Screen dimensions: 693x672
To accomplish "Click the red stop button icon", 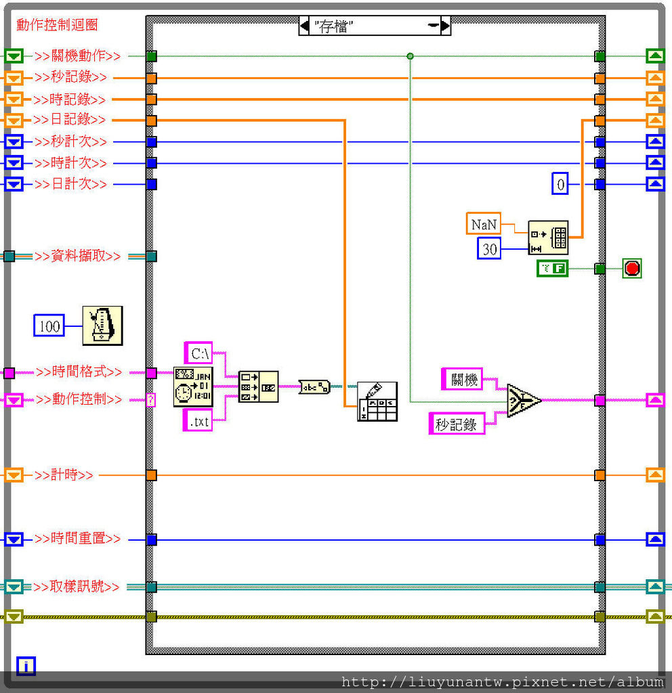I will [x=632, y=269].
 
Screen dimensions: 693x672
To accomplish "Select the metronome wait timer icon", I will [x=102, y=326].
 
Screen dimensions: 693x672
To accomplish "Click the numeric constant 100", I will [x=49, y=326].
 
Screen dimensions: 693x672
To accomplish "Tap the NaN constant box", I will [x=484, y=224].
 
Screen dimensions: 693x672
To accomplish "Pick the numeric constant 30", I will [x=489, y=249].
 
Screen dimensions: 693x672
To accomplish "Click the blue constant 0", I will [x=560, y=184].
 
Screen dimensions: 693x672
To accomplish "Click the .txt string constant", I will [x=198, y=422].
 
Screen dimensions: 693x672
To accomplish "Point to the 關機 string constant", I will [x=463, y=380].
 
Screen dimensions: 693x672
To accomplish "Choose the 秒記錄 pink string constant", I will [x=457, y=424].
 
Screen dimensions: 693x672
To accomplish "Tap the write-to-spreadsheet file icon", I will [x=377, y=402].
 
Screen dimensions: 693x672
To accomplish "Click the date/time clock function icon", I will [x=192, y=386].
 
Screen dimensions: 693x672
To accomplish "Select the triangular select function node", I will [x=524, y=401].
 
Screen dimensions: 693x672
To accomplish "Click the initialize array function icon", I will [x=547, y=237].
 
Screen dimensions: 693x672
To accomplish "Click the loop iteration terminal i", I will [x=26, y=666].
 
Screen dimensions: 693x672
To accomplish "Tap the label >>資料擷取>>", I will [x=78, y=256].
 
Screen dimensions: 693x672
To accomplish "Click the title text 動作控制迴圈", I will [x=57, y=25].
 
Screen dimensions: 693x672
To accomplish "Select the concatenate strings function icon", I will [x=258, y=386].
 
